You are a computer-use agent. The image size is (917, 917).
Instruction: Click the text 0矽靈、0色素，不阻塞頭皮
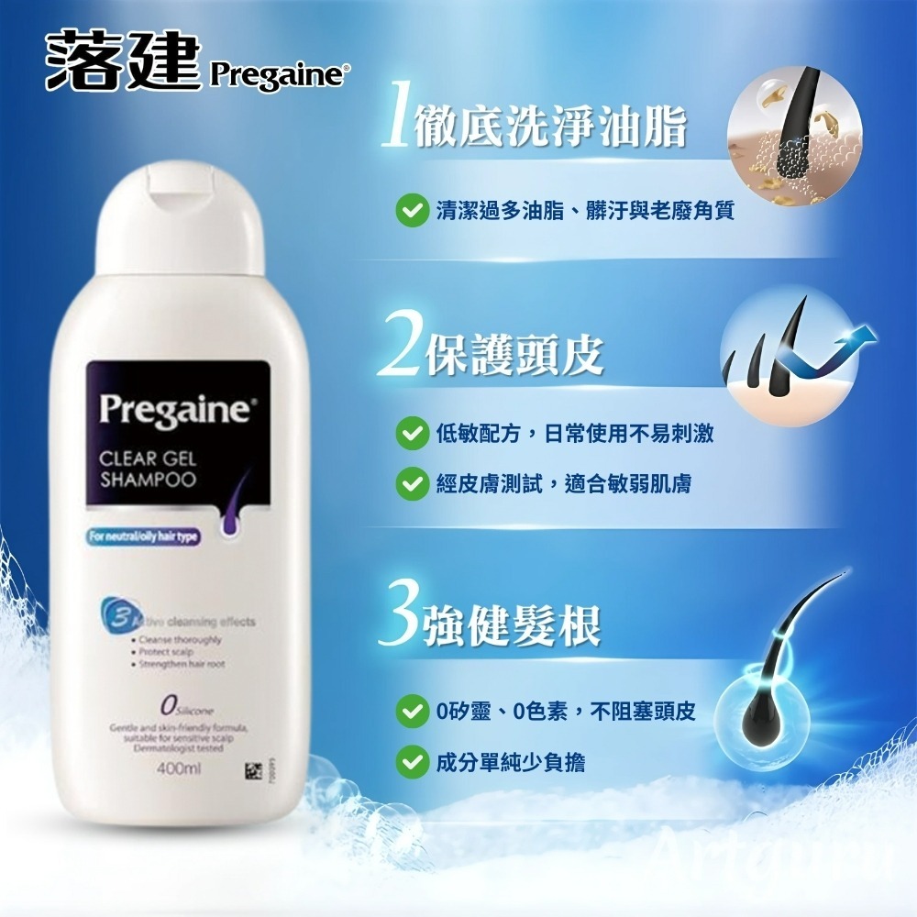click(x=567, y=711)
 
